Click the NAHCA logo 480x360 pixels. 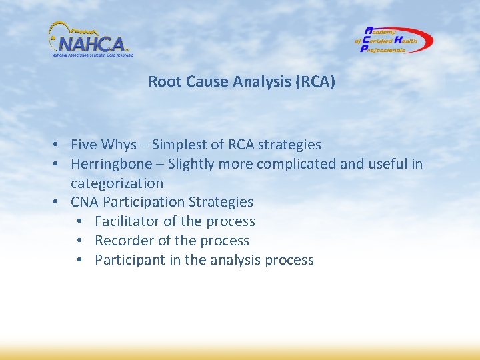click(90, 41)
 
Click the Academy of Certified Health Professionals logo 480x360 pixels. click(393, 40)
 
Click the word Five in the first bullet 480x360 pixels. click(84, 145)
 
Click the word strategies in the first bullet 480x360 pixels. click(289, 145)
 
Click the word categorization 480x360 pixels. click(117, 183)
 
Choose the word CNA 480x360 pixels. click(85, 202)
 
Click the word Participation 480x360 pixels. click(145, 202)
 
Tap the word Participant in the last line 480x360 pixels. click(130, 260)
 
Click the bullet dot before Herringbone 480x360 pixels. click(59, 164)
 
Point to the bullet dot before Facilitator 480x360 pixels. click(79, 221)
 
